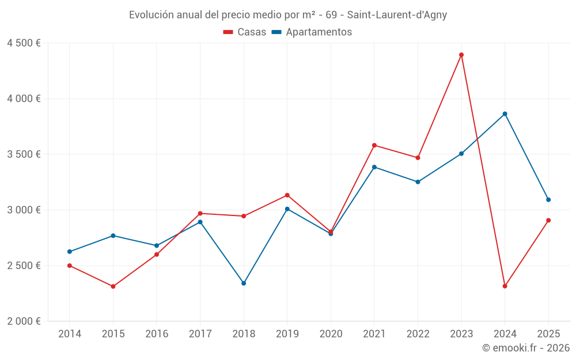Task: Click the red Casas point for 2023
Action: pyautogui.click(x=461, y=55)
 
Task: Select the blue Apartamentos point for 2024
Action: pyautogui.click(x=505, y=114)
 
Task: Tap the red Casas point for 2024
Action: pyautogui.click(x=505, y=286)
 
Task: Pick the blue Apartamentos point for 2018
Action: pyautogui.click(x=244, y=283)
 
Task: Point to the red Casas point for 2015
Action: pyautogui.click(x=113, y=286)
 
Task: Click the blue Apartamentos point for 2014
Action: pyautogui.click(x=70, y=252)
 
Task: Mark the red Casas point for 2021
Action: pyautogui.click(x=374, y=145)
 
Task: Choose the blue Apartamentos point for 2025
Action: pyautogui.click(x=548, y=200)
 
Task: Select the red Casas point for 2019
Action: pyautogui.click(x=287, y=195)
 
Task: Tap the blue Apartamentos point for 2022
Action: pyautogui.click(x=418, y=182)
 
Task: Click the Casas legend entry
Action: pyautogui.click(x=245, y=32)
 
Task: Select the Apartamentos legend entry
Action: pyautogui.click(x=312, y=32)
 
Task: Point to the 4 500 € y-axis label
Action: pyautogui.click(x=24, y=43)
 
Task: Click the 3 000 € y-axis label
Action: pyautogui.click(x=24, y=210)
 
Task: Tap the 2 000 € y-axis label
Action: pyautogui.click(x=24, y=321)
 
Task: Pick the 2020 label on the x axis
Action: pyautogui.click(x=331, y=334)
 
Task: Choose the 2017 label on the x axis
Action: pyautogui.click(x=200, y=334)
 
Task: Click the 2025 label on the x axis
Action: pyautogui.click(x=548, y=334)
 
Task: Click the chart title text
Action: pyautogui.click(x=288, y=15)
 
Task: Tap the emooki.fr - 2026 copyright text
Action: pyautogui.click(x=526, y=348)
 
